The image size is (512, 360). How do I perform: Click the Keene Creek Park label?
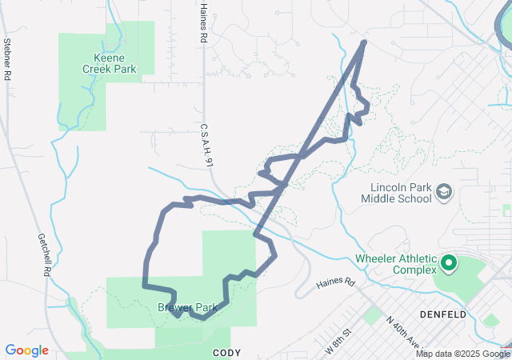(110, 64)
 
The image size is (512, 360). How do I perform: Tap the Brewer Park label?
(187, 307)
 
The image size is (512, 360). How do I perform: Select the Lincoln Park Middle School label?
(395, 193)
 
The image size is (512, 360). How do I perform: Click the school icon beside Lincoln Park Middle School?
(444, 192)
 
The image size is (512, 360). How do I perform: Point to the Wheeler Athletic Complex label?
(396, 264)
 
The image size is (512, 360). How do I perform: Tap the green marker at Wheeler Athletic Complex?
(449, 262)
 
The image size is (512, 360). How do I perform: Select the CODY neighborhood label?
(226, 352)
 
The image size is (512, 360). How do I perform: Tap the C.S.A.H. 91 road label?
(206, 145)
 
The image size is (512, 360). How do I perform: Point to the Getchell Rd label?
(45, 255)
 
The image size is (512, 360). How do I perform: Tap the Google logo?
(26, 350)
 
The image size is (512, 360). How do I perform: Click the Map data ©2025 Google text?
(462, 354)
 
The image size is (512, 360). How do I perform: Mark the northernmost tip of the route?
(365, 41)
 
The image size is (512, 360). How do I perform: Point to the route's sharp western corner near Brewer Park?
(144, 285)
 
